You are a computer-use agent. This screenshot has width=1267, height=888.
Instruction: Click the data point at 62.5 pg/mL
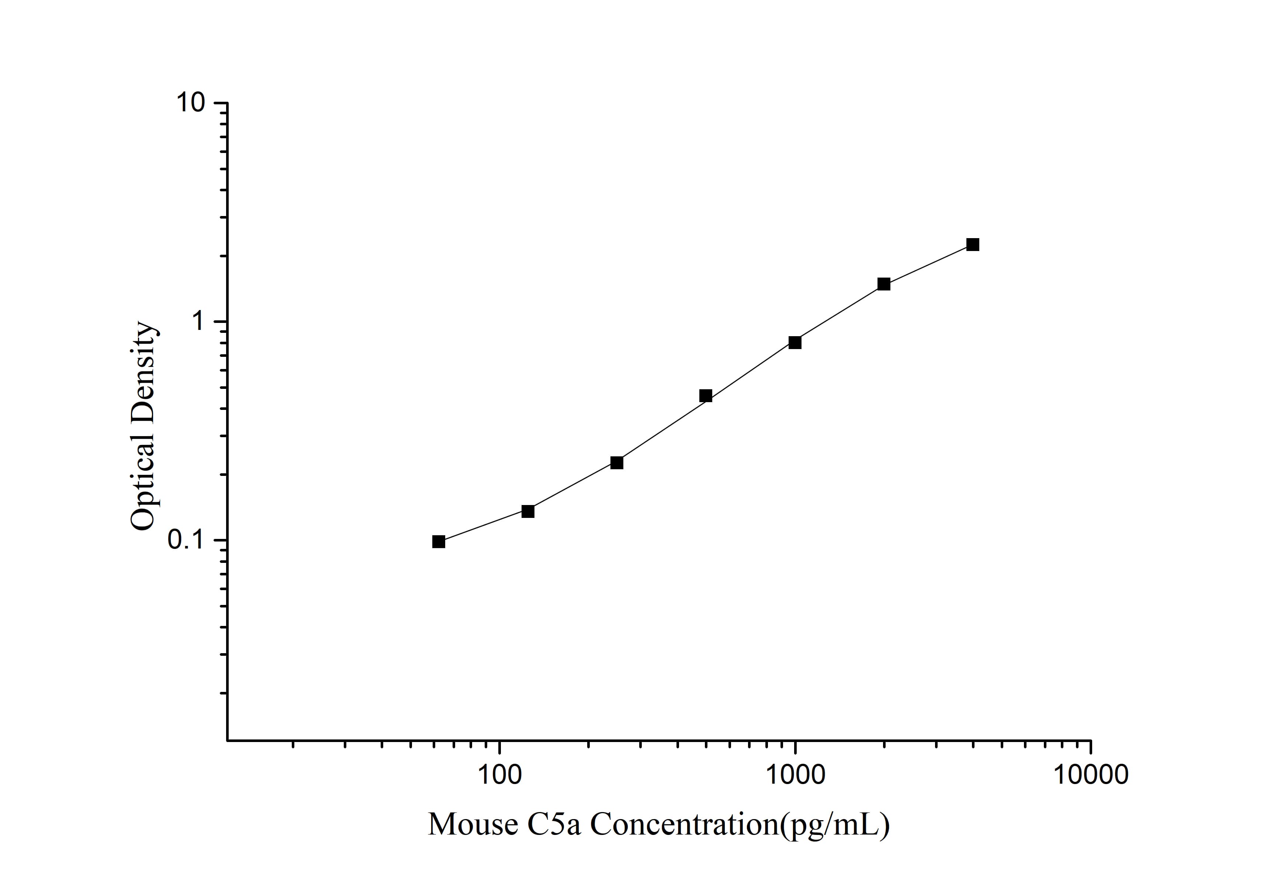click(439, 541)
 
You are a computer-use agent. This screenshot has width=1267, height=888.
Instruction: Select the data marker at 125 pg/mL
click(528, 511)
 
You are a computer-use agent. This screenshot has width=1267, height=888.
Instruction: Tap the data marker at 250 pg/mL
click(617, 463)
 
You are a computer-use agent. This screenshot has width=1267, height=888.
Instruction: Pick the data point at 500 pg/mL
click(706, 396)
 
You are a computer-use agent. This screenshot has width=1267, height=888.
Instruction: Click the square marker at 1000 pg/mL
click(795, 342)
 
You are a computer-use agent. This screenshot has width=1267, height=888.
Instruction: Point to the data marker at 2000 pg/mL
click(884, 284)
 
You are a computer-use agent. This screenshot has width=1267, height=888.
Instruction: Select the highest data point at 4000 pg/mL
click(973, 245)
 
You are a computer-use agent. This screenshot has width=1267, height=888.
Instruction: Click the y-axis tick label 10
click(190, 103)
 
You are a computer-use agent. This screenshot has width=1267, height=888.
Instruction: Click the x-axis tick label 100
click(499, 775)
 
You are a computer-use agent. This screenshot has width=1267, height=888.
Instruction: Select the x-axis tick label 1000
click(795, 775)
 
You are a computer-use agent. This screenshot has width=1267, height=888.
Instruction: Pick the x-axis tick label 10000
click(1091, 775)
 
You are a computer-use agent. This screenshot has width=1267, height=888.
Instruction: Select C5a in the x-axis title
click(555, 825)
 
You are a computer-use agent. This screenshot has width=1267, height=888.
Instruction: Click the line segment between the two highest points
click(928, 265)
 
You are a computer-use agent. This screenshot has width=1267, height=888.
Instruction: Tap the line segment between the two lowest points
click(484, 527)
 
